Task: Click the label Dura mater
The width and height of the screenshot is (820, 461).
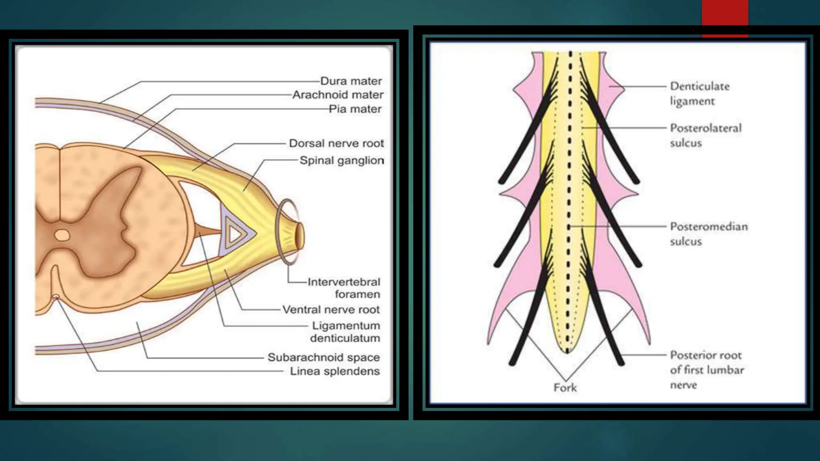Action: click(x=351, y=81)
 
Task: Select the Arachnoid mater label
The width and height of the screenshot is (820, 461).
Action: click(x=338, y=95)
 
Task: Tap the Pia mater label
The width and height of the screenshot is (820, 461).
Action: click(x=355, y=109)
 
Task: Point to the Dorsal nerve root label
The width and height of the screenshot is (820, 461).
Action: click(x=336, y=143)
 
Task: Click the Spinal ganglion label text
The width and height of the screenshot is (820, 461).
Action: click(x=342, y=160)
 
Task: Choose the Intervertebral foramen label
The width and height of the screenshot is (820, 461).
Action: click(x=344, y=288)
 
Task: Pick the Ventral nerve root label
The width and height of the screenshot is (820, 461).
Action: click(x=331, y=309)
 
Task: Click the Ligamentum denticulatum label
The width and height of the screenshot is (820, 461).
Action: click(x=345, y=332)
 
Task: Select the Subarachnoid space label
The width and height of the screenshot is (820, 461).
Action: click(x=324, y=357)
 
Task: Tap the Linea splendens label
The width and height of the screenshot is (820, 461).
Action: click(x=335, y=371)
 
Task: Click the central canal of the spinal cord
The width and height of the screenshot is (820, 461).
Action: click(x=62, y=235)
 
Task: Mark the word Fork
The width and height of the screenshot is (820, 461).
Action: click(x=565, y=387)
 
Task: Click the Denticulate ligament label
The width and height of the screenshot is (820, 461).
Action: click(x=699, y=93)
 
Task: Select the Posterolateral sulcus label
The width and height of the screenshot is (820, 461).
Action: click(x=705, y=135)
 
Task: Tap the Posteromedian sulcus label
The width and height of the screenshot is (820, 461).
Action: click(x=709, y=234)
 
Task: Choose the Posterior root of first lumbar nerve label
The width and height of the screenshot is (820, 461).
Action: click(x=707, y=370)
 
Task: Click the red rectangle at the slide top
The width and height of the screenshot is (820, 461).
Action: click(x=725, y=16)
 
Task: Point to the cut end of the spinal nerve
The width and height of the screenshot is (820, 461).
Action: click(x=300, y=237)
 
